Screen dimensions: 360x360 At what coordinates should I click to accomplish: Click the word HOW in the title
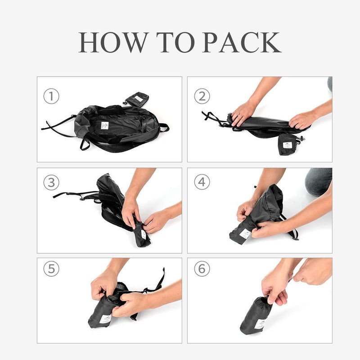coord(112,42)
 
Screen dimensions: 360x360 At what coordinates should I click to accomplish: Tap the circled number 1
coord(51,96)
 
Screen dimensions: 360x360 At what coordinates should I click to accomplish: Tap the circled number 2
coord(202,96)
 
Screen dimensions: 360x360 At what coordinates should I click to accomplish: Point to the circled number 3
coord(51,183)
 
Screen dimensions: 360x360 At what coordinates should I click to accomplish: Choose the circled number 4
coord(202,183)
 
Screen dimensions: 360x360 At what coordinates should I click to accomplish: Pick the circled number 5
coord(51,269)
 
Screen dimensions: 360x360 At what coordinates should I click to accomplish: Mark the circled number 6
coord(202,269)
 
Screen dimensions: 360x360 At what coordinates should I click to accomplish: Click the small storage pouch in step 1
coord(137,98)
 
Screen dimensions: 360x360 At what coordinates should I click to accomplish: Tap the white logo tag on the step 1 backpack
coord(105,125)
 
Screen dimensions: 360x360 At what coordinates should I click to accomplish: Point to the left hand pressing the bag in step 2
coord(243,113)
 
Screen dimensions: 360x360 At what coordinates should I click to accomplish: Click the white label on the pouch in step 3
coord(143,234)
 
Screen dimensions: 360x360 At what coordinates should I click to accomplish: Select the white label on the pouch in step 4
coord(245,234)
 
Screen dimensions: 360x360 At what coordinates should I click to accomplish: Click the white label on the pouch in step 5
coord(105,319)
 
